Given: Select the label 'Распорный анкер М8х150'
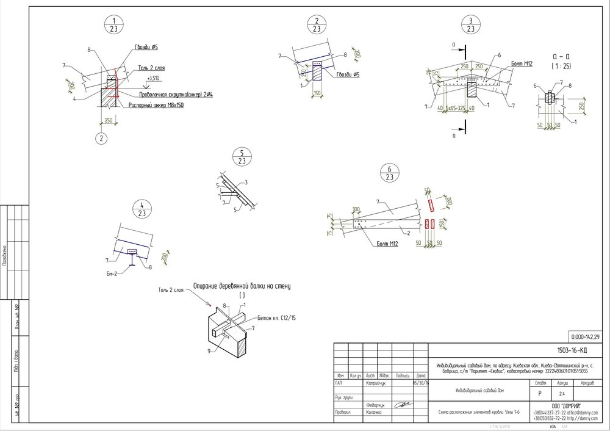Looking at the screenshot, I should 156,105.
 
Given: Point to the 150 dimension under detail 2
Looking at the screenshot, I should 316,93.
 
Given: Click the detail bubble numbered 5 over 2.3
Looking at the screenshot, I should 242,157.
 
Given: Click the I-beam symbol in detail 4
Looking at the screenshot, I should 131,259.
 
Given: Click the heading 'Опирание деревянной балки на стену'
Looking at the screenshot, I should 245,285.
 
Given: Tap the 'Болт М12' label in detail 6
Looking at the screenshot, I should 386,245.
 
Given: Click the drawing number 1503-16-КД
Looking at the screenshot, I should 572,350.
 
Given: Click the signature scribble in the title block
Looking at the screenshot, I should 402,405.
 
